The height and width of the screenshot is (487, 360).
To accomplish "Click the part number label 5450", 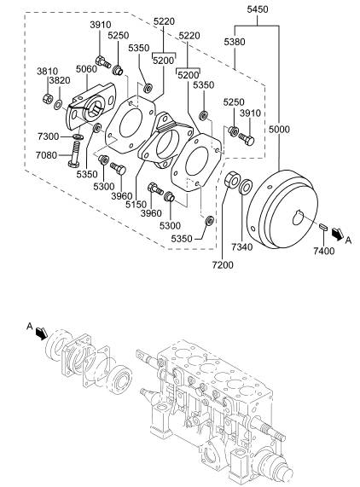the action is (257, 9).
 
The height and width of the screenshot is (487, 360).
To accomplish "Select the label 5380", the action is (235, 42).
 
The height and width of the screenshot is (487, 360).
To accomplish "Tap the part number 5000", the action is (279, 129).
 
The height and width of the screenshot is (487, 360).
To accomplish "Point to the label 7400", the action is (323, 251).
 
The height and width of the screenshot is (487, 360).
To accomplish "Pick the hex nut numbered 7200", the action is (232, 180).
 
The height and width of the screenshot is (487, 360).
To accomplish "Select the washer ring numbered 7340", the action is (246, 187).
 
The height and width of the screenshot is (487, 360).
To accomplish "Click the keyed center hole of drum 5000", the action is (299, 217).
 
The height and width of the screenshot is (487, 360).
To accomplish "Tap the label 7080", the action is (46, 154).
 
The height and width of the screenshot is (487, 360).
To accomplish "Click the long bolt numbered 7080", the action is (74, 154).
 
